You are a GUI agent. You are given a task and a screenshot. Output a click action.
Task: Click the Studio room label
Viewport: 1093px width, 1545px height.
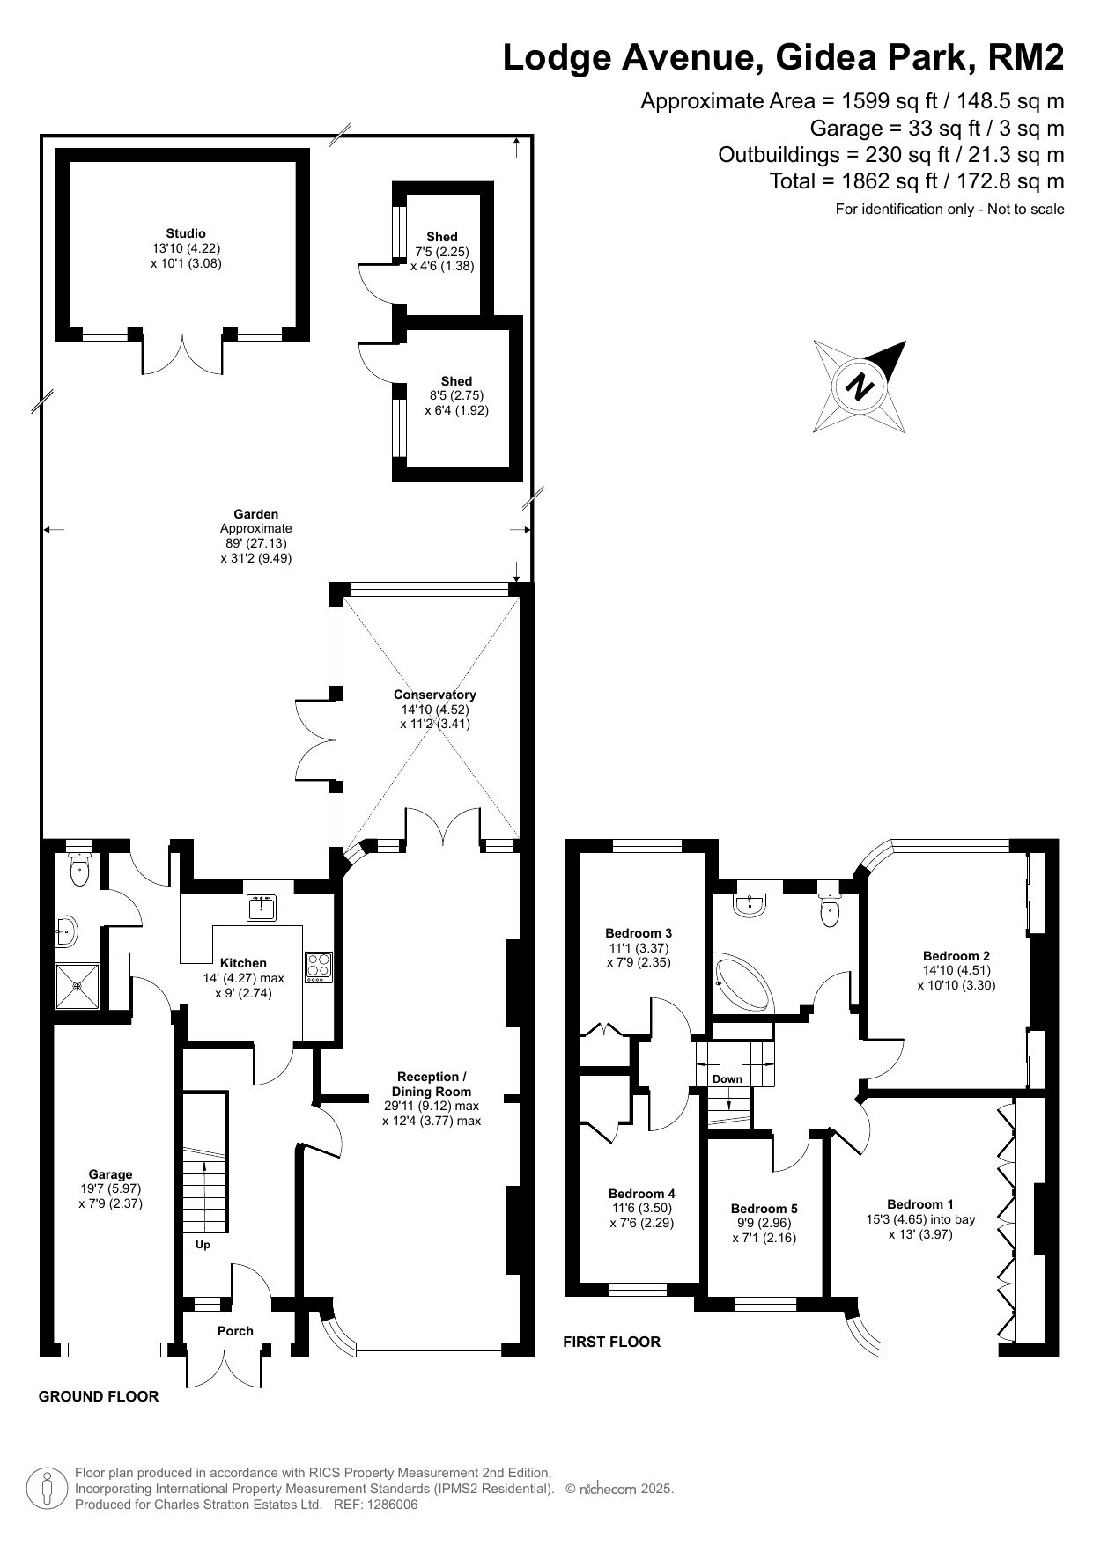click(186, 233)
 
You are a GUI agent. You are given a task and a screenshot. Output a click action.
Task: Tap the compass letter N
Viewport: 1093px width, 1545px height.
click(859, 386)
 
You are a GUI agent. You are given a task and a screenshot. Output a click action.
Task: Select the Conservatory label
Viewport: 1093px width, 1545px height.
click(434, 695)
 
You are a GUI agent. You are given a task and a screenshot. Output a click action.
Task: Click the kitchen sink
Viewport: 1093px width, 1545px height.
click(262, 907)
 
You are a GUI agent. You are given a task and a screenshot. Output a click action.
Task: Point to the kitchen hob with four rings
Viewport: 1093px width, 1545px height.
click(318, 967)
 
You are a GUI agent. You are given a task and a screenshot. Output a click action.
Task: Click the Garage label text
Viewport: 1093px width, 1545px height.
click(110, 1173)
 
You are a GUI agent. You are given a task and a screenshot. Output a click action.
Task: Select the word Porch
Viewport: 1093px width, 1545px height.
click(235, 1331)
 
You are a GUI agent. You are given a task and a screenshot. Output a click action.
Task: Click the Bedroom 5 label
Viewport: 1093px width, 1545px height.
click(764, 1209)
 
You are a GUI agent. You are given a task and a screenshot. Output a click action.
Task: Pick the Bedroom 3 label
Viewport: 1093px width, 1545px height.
click(639, 933)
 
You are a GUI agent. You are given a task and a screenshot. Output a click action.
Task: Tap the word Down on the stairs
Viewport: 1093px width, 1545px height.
click(727, 1078)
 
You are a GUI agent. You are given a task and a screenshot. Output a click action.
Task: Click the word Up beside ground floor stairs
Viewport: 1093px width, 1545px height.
click(203, 1245)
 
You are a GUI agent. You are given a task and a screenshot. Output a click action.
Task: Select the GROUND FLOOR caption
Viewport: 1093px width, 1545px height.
click(99, 1396)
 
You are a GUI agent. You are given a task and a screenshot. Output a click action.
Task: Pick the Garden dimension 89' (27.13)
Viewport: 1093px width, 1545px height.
click(255, 543)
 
